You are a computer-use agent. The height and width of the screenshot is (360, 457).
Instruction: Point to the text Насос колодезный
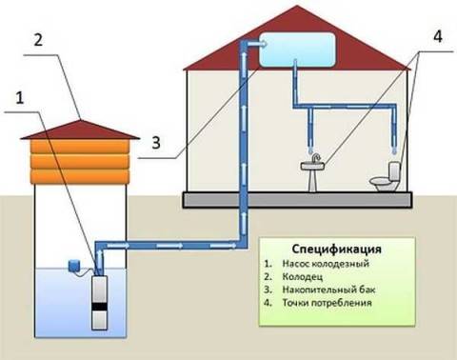coord(319,261)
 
